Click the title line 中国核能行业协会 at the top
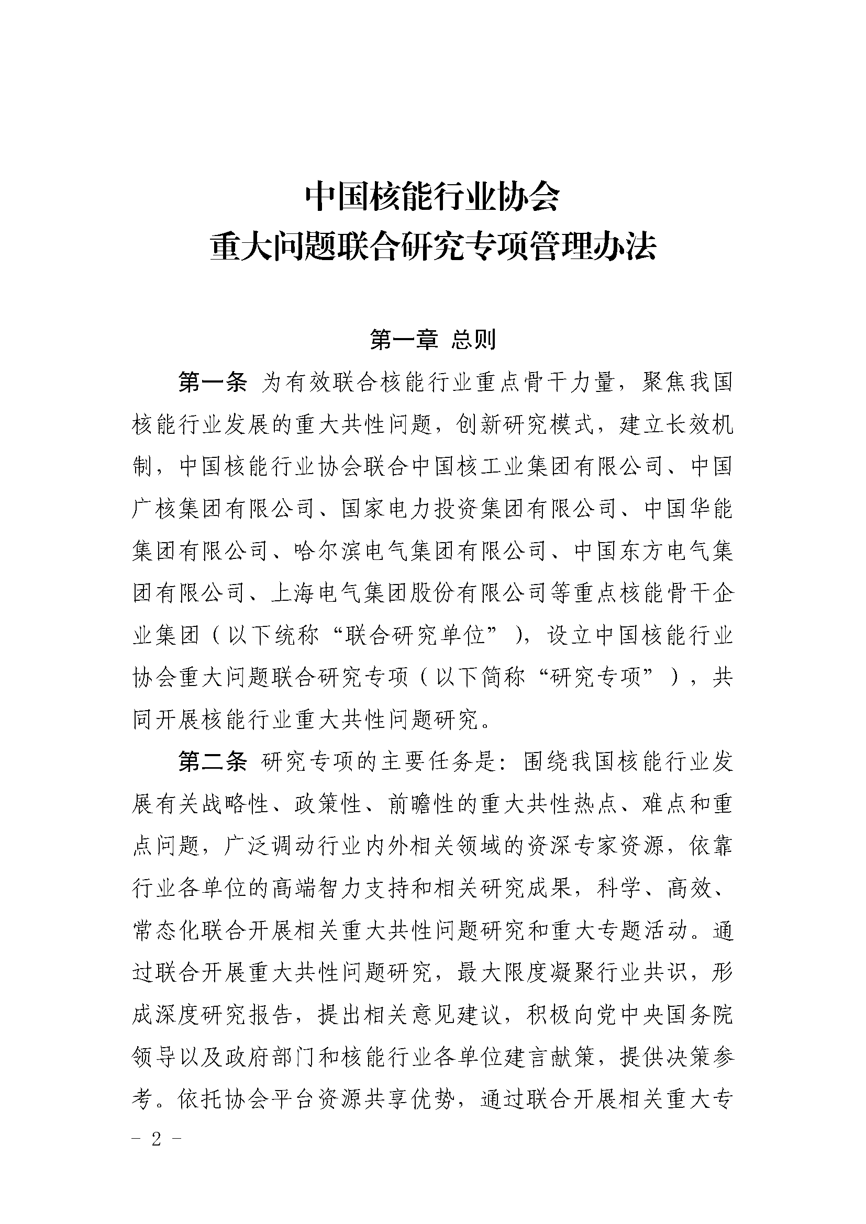tap(432, 198)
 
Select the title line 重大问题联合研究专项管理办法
tap(432, 249)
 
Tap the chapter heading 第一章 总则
tap(432, 340)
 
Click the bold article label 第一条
tap(212, 383)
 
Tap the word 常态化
tap(165, 931)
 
